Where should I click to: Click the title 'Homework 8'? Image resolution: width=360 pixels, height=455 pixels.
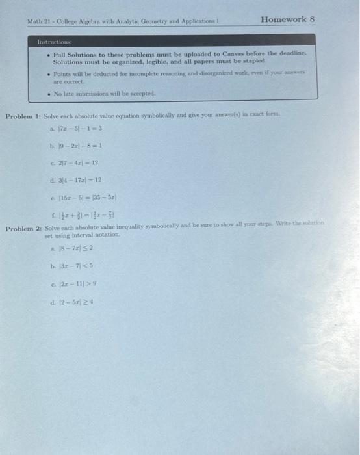(x=287, y=19)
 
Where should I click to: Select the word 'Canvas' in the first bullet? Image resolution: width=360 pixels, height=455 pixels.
(x=222, y=55)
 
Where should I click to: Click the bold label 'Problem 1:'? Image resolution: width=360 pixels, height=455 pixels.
(x=23, y=116)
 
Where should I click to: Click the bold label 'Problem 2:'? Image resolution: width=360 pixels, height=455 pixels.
(x=23, y=230)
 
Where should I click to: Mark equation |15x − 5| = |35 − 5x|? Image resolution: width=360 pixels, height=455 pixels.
(x=94, y=196)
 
